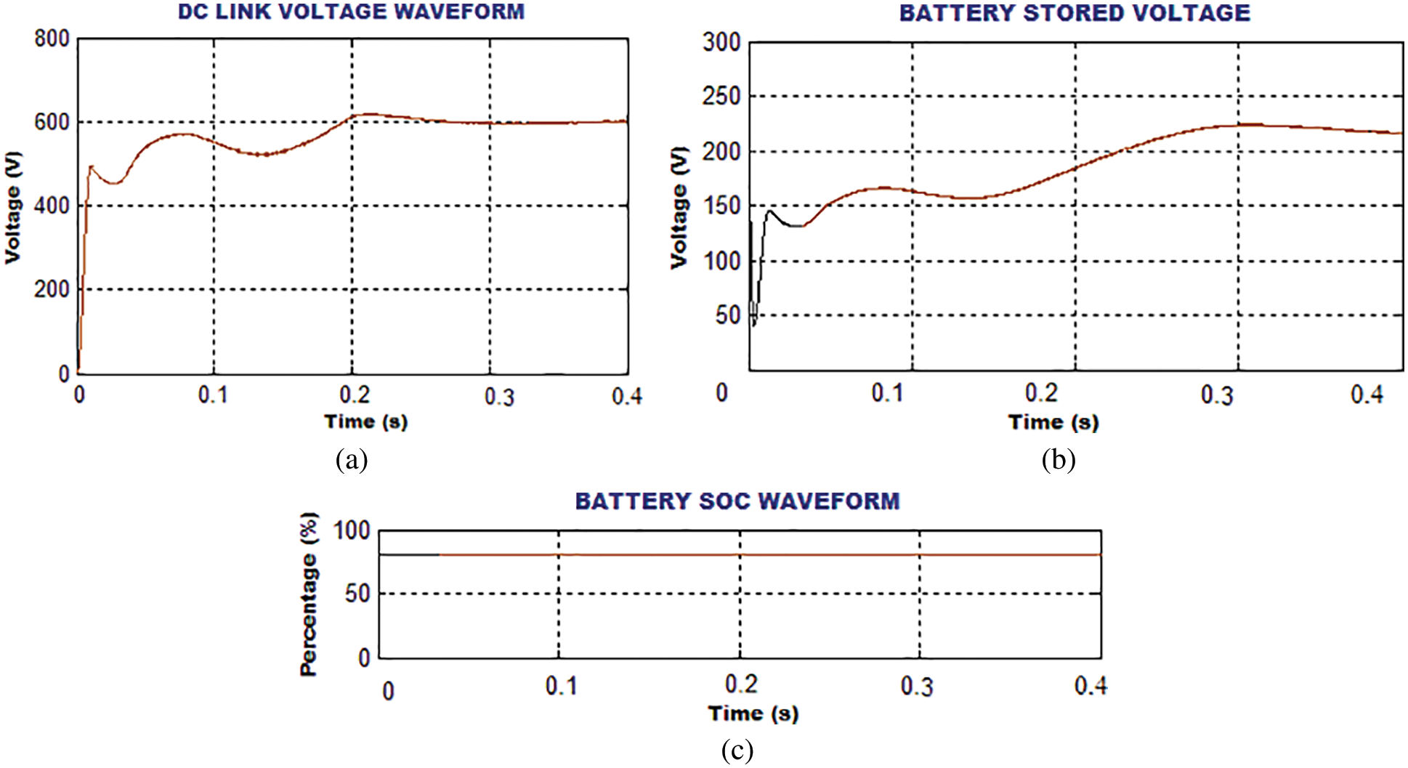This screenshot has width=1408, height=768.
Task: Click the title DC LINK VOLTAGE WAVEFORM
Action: click(351, 12)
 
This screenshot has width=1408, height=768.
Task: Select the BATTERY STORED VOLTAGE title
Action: click(1075, 13)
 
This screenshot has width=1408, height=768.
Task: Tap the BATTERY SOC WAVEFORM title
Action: click(737, 501)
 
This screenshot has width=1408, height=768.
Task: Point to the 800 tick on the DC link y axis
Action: click(52, 39)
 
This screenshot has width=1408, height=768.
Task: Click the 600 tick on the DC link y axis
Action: click(52, 122)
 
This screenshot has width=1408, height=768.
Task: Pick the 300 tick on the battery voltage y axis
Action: click(721, 43)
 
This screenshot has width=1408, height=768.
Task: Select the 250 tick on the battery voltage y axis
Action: click(721, 97)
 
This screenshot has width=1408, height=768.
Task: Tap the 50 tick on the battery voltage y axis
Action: click(727, 315)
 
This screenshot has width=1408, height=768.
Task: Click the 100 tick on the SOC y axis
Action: click(352, 531)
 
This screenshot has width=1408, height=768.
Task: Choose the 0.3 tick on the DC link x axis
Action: click(499, 397)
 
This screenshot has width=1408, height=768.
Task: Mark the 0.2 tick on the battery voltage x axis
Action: click(1041, 394)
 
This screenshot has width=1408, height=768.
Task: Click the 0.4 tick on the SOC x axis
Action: click(1091, 685)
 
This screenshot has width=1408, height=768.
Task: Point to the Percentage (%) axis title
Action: click(309, 594)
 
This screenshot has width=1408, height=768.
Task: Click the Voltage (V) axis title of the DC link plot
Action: click(13, 207)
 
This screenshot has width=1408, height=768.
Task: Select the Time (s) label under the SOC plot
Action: click(753, 714)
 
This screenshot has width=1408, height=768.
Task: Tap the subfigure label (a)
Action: click(352, 460)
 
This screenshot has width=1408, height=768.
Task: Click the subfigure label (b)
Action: click(1058, 460)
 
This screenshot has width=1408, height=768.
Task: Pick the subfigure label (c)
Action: click(737, 750)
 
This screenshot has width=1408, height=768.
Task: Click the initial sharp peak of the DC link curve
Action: click(91, 166)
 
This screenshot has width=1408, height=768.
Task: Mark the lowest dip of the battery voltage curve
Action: click(753, 325)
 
